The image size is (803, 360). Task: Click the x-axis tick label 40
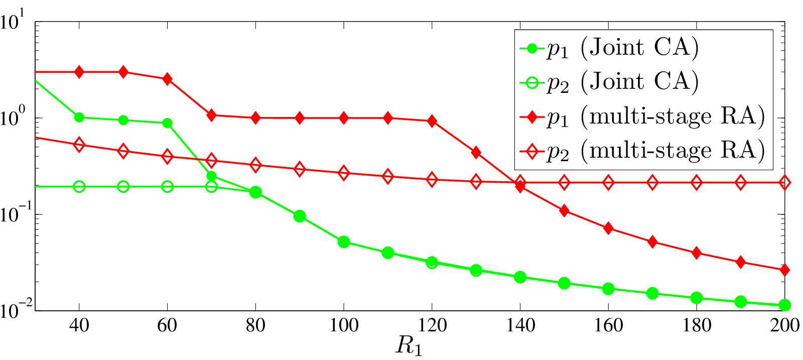point(79,325)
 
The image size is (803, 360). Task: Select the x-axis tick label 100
point(344,325)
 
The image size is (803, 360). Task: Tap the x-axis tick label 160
point(608,325)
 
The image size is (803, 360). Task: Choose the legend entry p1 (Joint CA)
point(609,48)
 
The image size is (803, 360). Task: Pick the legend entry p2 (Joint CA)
point(609,82)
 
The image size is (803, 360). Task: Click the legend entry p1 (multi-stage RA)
point(642,117)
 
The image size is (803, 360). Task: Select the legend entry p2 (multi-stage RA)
point(642,151)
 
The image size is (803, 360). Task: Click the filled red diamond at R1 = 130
point(476,153)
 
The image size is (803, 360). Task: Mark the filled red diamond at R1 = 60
point(167,79)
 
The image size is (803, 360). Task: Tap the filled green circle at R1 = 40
point(79,117)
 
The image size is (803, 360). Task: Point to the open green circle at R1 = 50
point(123,186)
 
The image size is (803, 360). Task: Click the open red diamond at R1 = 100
point(344,173)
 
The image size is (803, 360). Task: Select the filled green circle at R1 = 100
point(344,242)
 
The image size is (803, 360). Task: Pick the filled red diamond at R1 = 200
point(785,270)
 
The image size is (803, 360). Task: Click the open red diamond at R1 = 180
point(697,183)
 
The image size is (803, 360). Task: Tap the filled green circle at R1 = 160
point(608,289)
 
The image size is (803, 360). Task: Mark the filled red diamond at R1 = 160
point(608,228)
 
